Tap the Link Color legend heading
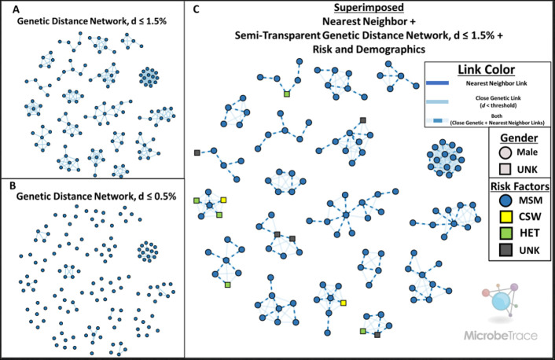pyautogui.click(x=484, y=69)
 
